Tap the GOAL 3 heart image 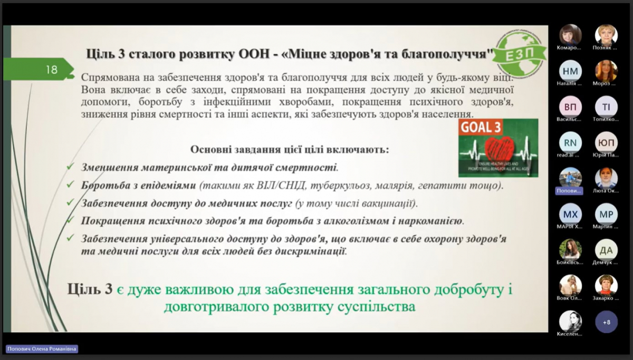pyautogui.click(x=498, y=148)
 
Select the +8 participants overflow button pyautogui.click(x=606, y=322)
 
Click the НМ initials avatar pyautogui.click(x=570, y=70)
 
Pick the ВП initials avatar pyautogui.click(x=570, y=106)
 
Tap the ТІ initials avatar pyautogui.click(x=606, y=106)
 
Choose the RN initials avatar pyautogui.click(x=570, y=142)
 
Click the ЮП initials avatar pyautogui.click(x=606, y=142)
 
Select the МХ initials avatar pyautogui.click(x=570, y=214)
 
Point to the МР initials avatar pyautogui.click(x=606, y=214)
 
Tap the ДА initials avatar pyautogui.click(x=606, y=250)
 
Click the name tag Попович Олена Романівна pyautogui.click(x=42, y=348)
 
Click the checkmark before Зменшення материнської pyautogui.click(x=70, y=167)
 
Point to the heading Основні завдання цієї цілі pyautogui.click(x=290, y=150)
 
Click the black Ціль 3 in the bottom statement pyautogui.click(x=90, y=289)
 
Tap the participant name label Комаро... pyautogui.click(x=569, y=47)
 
